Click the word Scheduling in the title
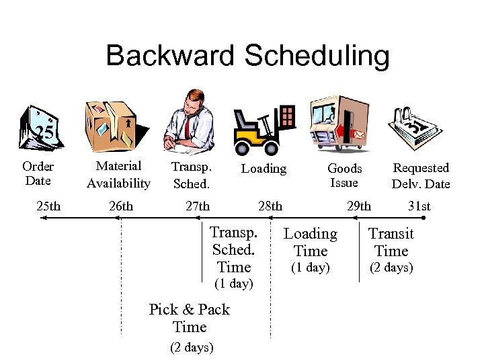pos(316,56)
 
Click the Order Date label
pos(38,173)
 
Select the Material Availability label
pos(118,174)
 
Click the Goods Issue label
pos(344,175)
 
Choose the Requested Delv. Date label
pos(421,175)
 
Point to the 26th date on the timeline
pos(120,206)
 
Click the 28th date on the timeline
pos(270,206)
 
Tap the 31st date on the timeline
pos(419,206)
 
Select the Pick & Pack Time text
pos(190,318)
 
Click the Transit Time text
pos(391,243)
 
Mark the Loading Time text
pos(310,243)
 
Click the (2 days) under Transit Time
pos(391,268)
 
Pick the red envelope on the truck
pos(358,134)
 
